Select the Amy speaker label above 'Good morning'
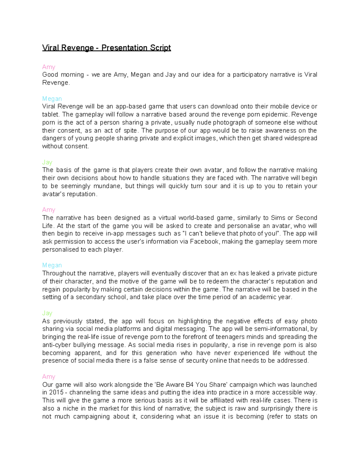point(49,67)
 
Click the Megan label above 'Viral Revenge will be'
point(52,99)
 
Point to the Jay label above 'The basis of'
point(47,162)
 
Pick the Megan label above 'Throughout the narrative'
point(52,265)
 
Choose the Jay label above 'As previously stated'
point(47,313)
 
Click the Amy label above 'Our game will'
point(49,377)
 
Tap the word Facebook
point(204,242)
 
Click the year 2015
point(56,392)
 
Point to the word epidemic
point(275,114)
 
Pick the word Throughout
point(59,273)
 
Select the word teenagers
point(230,337)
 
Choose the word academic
point(262,297)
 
